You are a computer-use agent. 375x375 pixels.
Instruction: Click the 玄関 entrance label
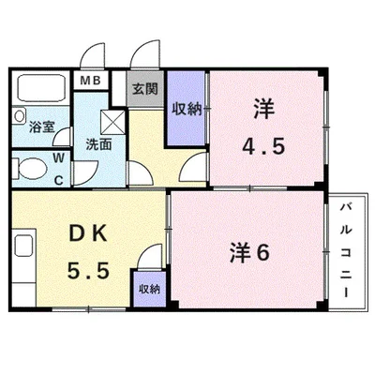144,89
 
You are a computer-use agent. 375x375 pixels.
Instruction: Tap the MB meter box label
90,81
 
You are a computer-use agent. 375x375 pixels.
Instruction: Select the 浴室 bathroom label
42,127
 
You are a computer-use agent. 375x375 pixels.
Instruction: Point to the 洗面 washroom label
98,144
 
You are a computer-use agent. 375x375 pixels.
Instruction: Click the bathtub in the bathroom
41,87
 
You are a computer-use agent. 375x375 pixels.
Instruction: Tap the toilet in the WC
30,169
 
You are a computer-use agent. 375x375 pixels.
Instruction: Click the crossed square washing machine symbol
112,122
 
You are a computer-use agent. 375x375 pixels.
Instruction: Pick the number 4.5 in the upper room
263,146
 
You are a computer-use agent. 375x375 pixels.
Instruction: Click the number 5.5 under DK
88,271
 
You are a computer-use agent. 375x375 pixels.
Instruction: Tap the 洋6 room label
249,252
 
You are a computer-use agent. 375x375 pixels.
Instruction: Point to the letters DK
88,234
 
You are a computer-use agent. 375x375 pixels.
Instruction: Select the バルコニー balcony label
346,250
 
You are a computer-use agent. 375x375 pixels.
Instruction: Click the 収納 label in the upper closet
187,109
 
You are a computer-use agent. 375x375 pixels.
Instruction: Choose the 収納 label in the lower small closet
150,289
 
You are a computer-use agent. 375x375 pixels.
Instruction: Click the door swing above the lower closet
151,256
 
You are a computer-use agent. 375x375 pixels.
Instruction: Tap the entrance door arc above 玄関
144,53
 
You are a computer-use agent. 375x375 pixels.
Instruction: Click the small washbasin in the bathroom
19,115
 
